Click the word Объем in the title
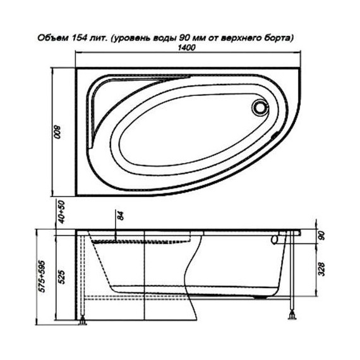click(45, 37)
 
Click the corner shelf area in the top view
click(101, 101)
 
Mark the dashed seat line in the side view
click(142, 241)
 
